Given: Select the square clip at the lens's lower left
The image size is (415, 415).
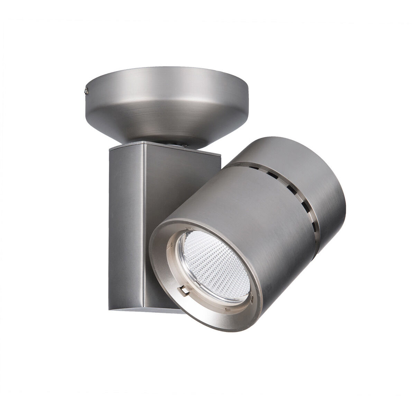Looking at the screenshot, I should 185,290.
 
